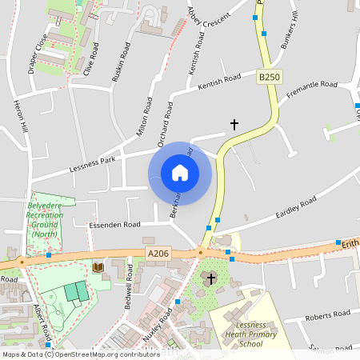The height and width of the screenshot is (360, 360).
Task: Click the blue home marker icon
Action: tap(180, 173)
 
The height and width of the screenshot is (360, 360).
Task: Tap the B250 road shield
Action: tap(270, 77)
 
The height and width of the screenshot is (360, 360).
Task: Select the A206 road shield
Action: tap(158, 254)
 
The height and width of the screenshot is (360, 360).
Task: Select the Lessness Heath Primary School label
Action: tap(250, 335)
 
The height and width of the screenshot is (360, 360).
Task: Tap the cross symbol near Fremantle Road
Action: tap(234, 125)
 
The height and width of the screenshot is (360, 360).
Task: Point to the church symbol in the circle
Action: tap(211, 278)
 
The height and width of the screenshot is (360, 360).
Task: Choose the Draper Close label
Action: tap(37, 51)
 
